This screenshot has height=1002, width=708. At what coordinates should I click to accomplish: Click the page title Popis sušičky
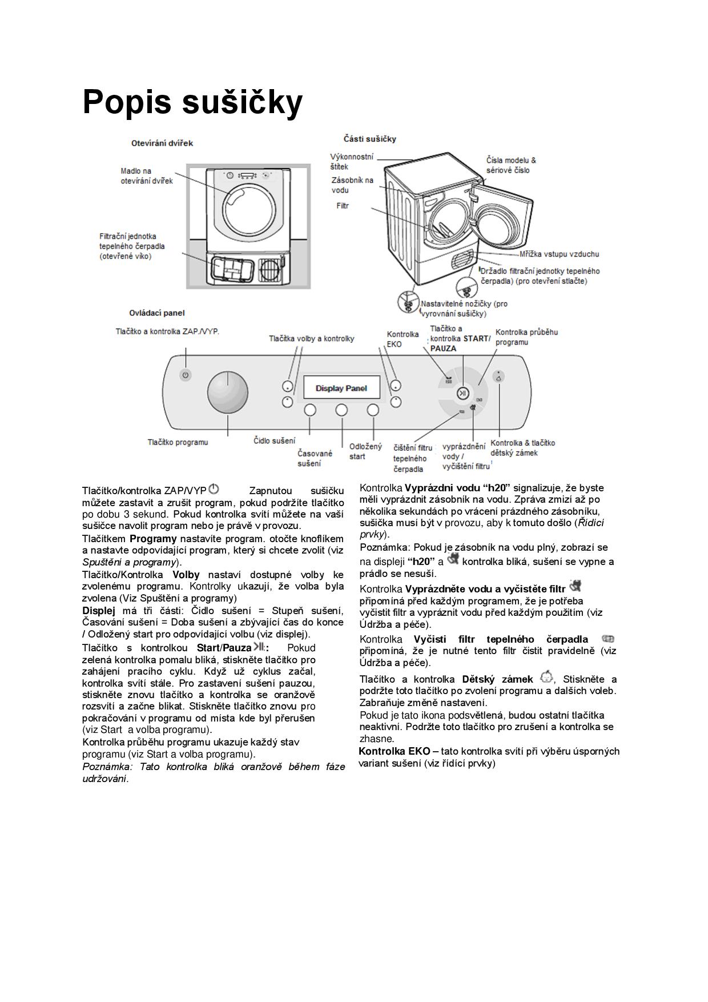[x=192, y=103]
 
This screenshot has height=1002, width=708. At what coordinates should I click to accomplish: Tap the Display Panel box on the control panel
[x=341, y=388]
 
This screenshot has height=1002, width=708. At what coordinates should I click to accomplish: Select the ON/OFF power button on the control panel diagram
[x=184, y=375]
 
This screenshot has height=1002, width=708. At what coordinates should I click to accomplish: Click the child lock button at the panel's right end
[x=499, y=377]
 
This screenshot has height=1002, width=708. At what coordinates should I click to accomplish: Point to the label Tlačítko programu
[x=178, y=442]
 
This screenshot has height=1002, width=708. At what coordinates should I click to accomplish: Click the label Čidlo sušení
[x=275, y=440]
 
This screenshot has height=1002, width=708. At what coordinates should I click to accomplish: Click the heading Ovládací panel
[x=157, y=313]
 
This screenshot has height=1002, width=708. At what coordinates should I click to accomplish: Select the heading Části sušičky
[x=370, y=139]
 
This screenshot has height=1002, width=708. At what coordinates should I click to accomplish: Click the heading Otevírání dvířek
[x=162, y=143]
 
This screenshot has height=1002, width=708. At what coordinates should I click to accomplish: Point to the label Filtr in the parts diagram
[x=342, y=206]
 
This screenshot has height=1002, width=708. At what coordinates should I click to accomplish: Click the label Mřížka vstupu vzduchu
[x=559, y=254]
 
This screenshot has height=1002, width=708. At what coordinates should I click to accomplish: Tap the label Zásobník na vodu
[x=352, y=185]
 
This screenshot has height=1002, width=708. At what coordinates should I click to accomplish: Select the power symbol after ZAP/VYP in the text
[x=214, y=489]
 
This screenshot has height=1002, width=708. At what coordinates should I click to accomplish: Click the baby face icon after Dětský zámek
[x=546, y=678]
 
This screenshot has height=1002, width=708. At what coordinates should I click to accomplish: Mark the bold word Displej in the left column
[x=99, y=610]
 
